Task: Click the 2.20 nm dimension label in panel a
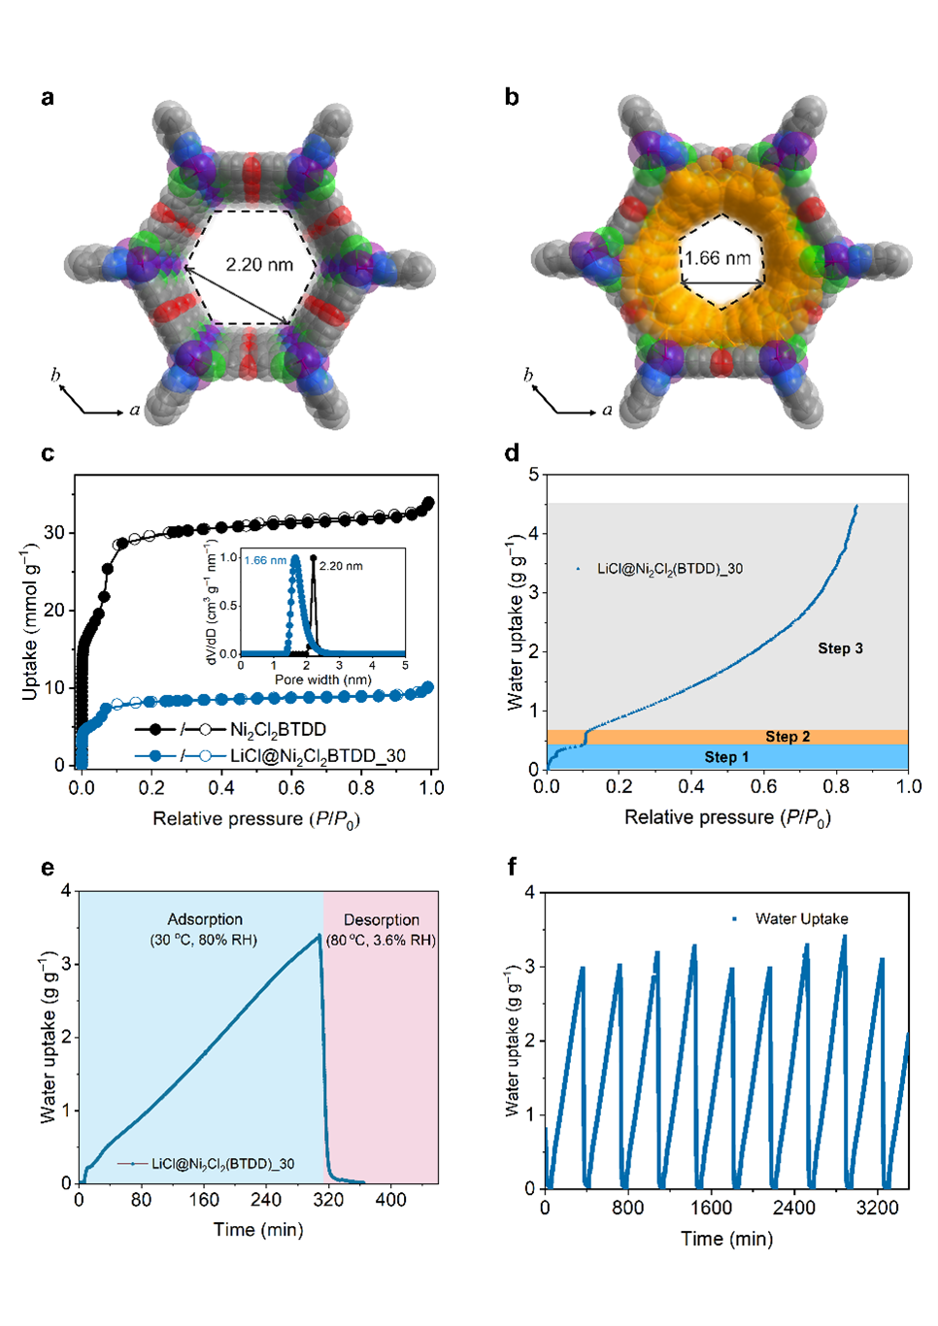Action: tap(259, 264)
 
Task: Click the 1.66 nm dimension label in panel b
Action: tap(718, 258)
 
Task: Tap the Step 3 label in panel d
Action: tap(840, 648)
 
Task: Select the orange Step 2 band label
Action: tap(787, 737)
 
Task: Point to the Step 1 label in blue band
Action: tap(726, 757)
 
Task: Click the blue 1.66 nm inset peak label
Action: tap(265, 560)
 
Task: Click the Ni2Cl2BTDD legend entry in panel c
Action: tap(278, 729)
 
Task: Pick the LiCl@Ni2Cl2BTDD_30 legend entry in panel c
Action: tap(318, 755)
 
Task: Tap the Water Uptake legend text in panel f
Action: tap(801, 918)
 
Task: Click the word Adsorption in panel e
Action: tap(205, 919)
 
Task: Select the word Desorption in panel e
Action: tap(382, 919)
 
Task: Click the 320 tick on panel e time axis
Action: tap(328, 1200)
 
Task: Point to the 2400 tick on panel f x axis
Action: tap(794, 1208)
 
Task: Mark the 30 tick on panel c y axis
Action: tap(54, 533)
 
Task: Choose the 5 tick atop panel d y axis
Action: tap(533, 475)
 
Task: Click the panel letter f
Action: tap(512, 866)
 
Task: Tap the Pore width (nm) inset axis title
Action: tap(322, 680)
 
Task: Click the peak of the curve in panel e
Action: tap(318, 936)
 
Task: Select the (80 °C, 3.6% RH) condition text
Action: tap(381, 940)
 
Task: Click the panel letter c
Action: tap(48, 453)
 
